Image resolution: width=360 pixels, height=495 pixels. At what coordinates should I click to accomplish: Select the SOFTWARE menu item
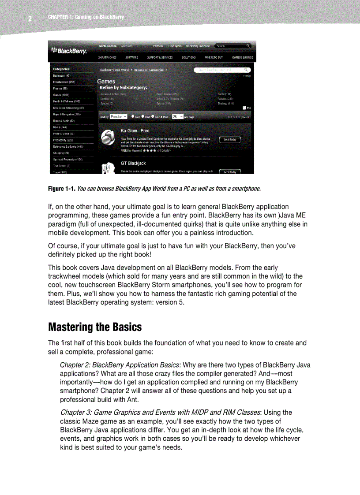tap(131, 57)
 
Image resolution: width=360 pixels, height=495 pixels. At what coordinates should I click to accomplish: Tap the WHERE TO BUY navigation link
tap(214, 57)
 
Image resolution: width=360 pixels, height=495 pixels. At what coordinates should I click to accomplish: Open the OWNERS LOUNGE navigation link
tap(242, 57)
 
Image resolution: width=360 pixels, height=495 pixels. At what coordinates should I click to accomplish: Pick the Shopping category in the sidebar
tap(60, 153)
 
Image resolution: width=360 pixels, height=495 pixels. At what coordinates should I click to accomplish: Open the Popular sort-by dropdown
tap(118, 117)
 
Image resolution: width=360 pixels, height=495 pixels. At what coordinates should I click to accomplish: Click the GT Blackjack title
tap(133, 164)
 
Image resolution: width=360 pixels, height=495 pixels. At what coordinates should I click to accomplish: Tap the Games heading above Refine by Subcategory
tap(106, 82)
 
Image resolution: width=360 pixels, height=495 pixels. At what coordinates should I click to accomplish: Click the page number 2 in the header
tap(30, 19)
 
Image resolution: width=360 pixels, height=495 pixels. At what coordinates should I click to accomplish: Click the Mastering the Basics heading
tap(95, 327)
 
